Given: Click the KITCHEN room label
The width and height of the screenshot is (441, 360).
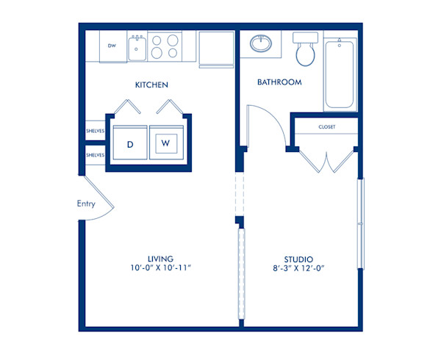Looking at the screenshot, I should click(152, 85).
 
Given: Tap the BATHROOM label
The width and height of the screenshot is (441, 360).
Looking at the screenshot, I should click(279, 82).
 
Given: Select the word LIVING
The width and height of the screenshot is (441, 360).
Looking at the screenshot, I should click(159, 259).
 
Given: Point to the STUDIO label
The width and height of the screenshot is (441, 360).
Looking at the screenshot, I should click(299, 259).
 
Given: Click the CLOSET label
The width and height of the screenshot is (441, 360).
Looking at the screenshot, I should click(326, 127).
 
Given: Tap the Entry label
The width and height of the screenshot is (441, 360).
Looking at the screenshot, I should click(86, 204).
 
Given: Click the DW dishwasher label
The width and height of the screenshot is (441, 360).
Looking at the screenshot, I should click(112, 46).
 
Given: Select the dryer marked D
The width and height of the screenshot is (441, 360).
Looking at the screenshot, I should click(130, 144).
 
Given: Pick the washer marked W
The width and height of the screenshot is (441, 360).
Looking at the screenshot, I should click(165, 144).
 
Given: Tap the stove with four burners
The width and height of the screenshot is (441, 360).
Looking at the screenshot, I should click(165, 46).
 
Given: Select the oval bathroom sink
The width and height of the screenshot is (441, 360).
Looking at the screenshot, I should click(260, 43).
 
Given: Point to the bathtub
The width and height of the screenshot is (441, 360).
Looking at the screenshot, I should click(340, 73).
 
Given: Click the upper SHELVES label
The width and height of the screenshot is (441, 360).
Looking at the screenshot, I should click(95, 131).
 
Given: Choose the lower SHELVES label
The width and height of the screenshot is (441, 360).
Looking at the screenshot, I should click(95, 155).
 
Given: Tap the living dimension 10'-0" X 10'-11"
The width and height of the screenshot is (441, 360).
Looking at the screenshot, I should click(159, 269).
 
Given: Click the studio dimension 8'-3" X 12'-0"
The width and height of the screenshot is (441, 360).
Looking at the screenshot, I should click(299, 269).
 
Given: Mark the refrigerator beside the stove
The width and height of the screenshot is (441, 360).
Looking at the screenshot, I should click(216, 47).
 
